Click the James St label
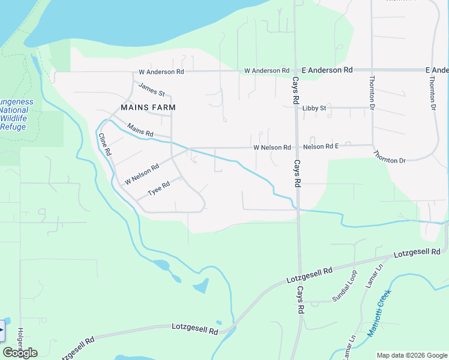click(x=151, y=89)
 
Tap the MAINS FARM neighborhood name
click(x=148, y=107)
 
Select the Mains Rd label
click(x=140, y=130)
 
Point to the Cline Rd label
click(x=105, y=145)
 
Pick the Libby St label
click(x=314, y=108)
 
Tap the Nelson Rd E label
click(x=321, y=146)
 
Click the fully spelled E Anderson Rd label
click(x=327, y=70)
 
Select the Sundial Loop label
click(x=345, y=286)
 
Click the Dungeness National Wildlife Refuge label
click(x=14, y=114)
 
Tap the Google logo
click(x=20, y=352)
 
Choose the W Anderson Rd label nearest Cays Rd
click(x=267, y=71)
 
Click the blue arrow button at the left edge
click(x=2, y=331)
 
